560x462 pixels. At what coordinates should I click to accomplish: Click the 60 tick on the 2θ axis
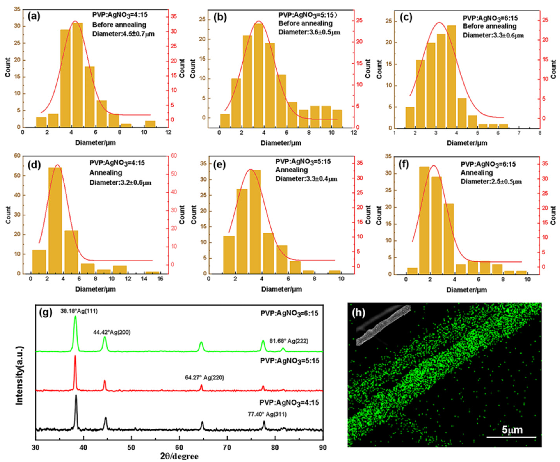click(179, 448)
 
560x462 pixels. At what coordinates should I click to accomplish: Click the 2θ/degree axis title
click(179, 457)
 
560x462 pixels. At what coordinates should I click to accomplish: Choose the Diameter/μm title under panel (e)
click(282, 289)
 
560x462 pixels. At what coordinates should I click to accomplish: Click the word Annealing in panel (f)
click(477, 173)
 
